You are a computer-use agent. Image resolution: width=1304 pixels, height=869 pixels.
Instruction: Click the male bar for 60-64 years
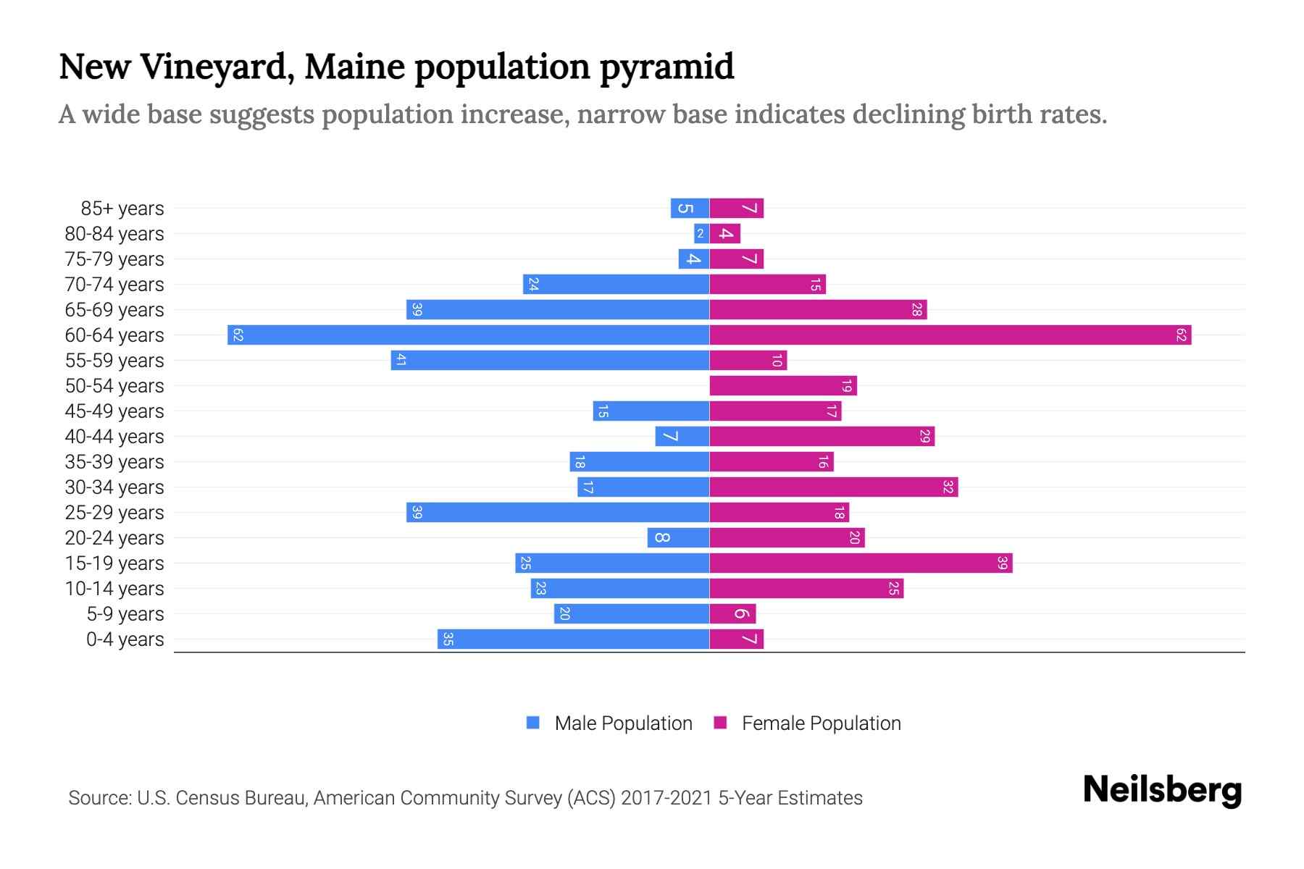coord(468,335)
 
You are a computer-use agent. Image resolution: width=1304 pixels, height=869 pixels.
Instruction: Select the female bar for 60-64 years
coord(950,335)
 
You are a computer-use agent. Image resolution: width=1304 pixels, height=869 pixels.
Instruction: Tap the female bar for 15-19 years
coord(861,563)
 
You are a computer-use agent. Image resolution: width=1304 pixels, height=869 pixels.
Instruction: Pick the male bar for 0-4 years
coord(573,639)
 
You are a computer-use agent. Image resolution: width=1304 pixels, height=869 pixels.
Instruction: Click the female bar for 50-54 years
coord(783,385)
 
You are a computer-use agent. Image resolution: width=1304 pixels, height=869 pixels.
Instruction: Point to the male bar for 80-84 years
coord(701,233)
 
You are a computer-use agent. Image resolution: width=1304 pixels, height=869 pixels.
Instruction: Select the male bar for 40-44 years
coord(682,436)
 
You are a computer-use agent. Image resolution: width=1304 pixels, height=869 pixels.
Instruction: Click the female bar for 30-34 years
coord(833,487)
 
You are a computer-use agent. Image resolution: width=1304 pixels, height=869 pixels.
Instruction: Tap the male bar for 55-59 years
coord(550,360)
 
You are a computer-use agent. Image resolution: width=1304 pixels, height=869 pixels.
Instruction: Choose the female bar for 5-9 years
coord(732,613)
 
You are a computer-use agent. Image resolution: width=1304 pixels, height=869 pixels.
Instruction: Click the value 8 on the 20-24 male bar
coord(662,537)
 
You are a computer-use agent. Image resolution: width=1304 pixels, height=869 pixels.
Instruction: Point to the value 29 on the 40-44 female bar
coord(924,436)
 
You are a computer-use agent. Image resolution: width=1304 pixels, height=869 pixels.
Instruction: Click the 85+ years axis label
coord(122,209)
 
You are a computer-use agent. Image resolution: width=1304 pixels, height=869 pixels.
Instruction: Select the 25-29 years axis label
coord(114,513)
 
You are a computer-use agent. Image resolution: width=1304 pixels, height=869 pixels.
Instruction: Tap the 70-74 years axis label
coord(114,285)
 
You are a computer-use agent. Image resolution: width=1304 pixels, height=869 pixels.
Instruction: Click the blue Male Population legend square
coord(533,723)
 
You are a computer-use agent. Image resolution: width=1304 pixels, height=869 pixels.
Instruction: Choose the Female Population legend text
coord(821,723)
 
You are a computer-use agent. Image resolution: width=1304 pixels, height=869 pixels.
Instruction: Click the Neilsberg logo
coord(1162,790)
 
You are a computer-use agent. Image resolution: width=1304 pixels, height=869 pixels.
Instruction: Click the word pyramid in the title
coord(666,67)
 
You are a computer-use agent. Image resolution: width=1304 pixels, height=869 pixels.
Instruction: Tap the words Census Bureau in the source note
coord(241,798)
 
